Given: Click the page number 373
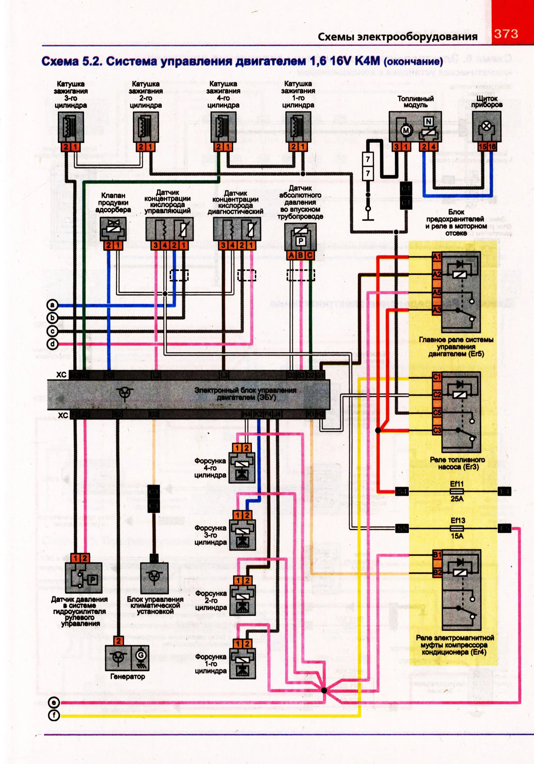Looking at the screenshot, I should (x=506, y=34).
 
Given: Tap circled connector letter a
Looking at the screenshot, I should (x=52, y=305).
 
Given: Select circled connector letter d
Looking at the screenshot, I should (x=52, y=344).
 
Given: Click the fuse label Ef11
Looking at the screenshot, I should (x=457, y=484).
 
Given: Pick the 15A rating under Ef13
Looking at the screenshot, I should (x=457, y=536).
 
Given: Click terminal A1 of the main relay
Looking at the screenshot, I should (x=436, y=257).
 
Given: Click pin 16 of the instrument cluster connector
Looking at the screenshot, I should (x=492, y=146).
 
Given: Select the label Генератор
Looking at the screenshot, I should (x=127, y=676).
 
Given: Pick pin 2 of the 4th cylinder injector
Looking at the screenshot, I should (x=246, y=448).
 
